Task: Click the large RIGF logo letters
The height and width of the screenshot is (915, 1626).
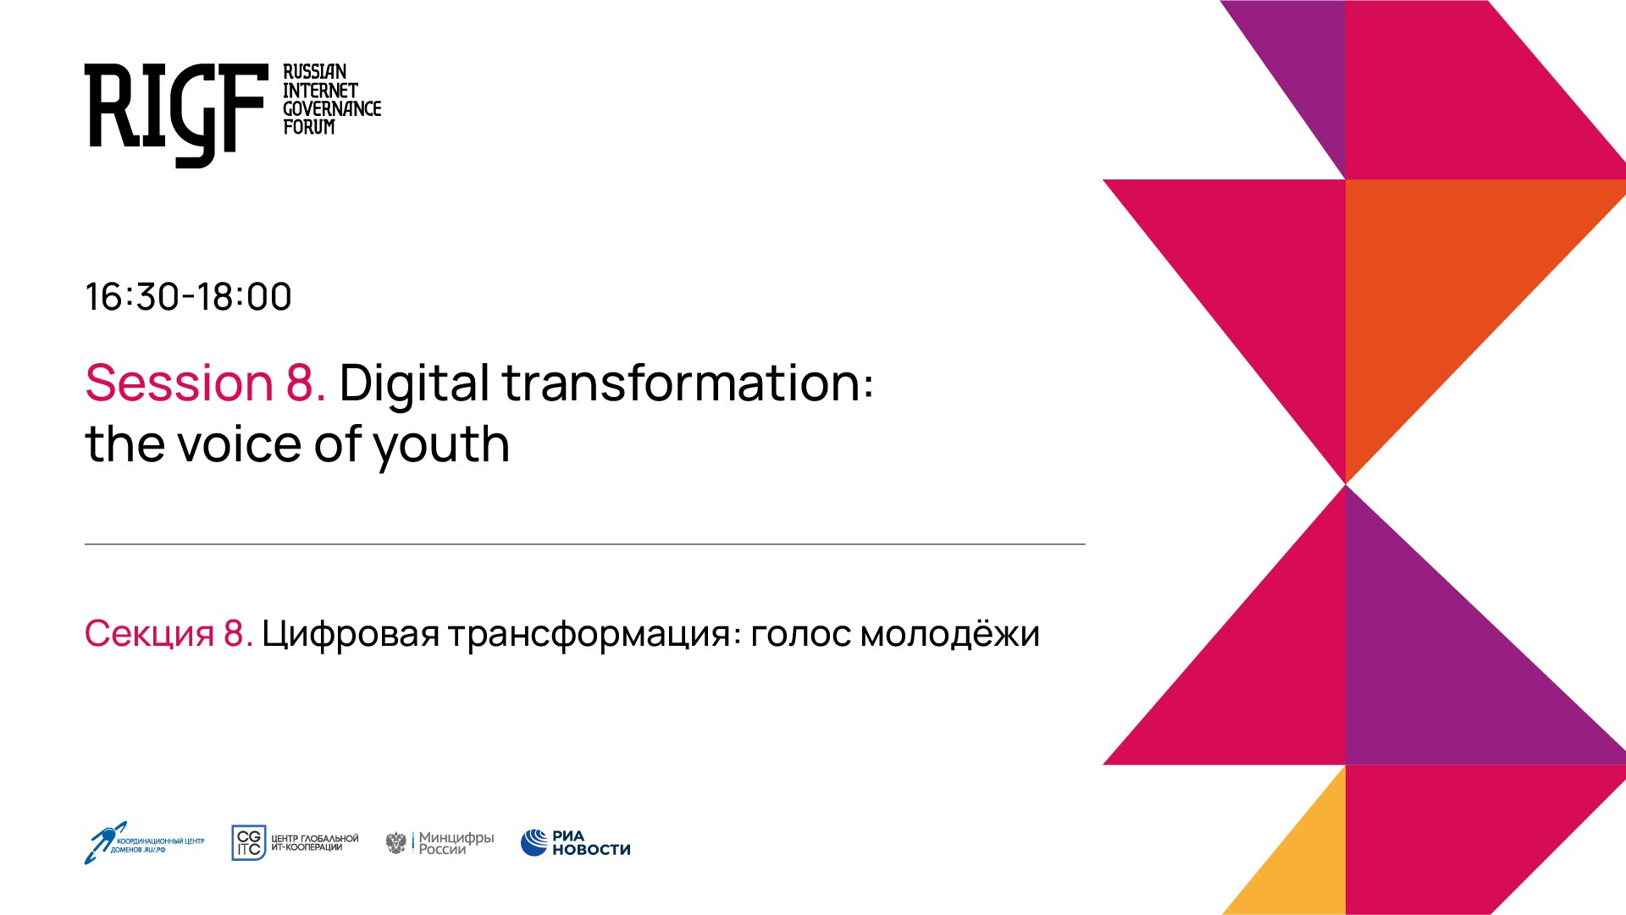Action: [x=174, y=110]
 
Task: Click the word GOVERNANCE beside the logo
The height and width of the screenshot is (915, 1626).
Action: [x=331, y=108]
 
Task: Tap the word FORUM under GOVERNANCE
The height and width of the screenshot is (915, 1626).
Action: [x=308, y=127]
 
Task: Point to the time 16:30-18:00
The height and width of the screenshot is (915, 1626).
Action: [x=188, y=297]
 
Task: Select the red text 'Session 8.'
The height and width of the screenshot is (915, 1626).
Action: [x=205, y=383]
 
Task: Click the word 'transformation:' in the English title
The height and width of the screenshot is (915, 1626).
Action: [x=688, y=383]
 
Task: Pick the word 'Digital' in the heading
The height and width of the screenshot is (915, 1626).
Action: [x=415, y=383]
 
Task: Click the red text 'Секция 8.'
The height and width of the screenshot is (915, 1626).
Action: [x=169, y=634]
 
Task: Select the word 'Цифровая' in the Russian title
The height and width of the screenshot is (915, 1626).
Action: [x=351, y=634]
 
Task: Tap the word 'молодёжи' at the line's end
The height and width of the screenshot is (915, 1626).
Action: [x=949, y=634]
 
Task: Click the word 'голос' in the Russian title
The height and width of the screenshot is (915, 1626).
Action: [x=799, y=634]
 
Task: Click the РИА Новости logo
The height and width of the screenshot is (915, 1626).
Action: [x=576, y=843]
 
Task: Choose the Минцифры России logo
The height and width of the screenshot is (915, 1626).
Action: [x=440, y=843]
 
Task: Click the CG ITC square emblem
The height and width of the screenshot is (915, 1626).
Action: [x=248, y=843]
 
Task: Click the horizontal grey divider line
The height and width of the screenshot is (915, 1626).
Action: [x=584, y=544]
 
